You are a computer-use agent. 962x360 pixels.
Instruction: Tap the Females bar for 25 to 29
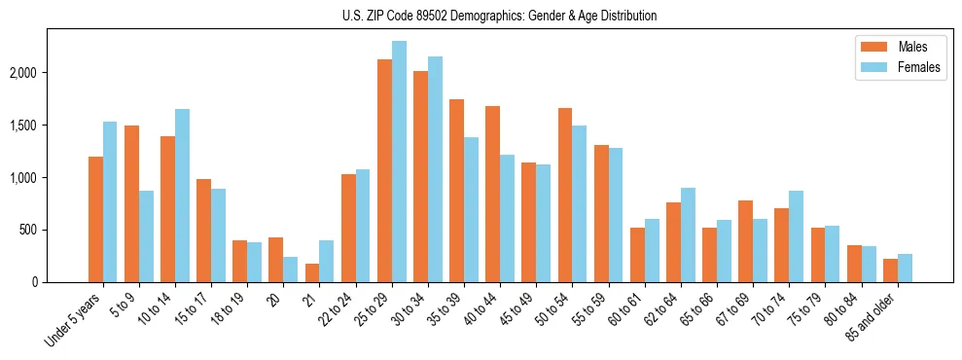399,162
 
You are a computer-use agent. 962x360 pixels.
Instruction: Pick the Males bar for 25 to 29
384,170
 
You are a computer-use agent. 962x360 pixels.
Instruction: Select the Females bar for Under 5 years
110,202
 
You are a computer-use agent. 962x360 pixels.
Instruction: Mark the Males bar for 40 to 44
492,195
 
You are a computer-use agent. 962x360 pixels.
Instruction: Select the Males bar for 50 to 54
565,196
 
